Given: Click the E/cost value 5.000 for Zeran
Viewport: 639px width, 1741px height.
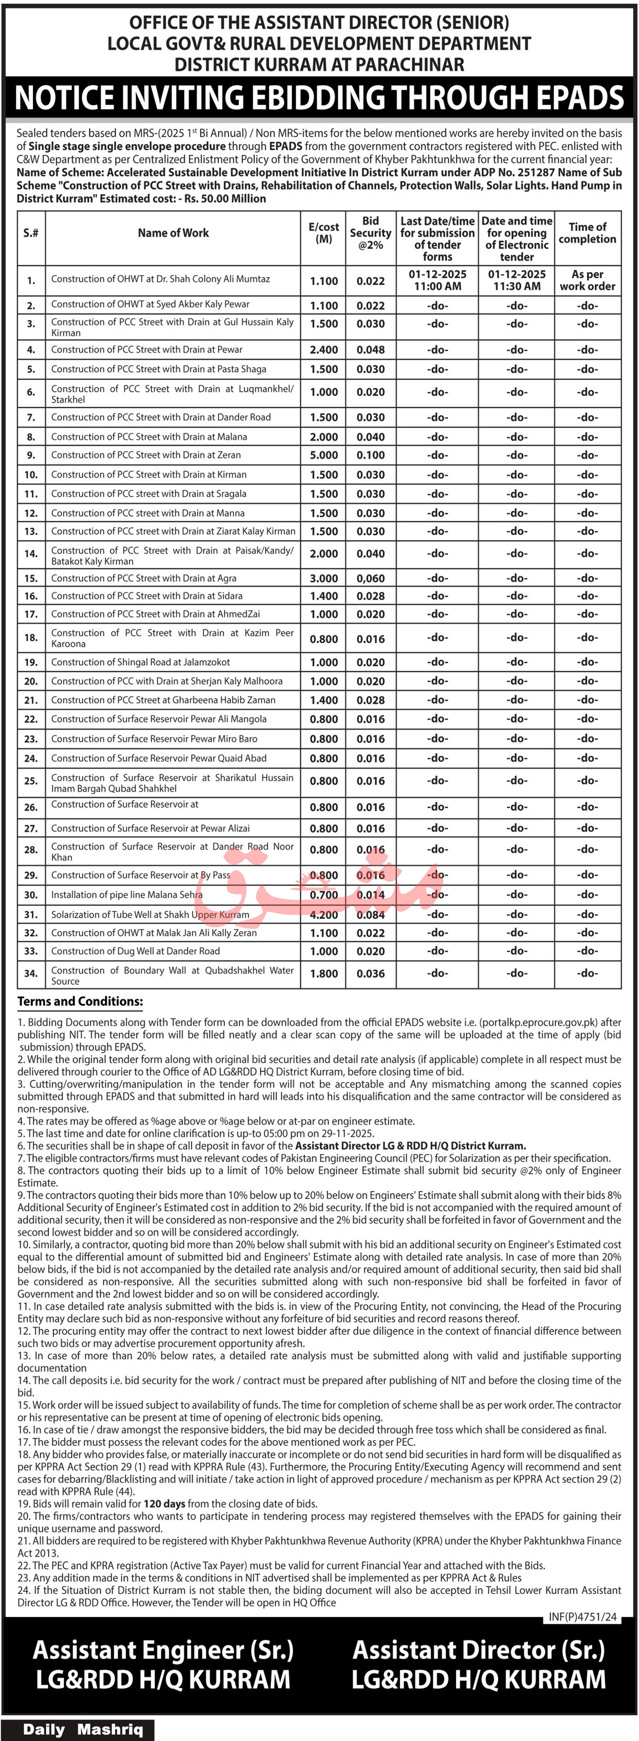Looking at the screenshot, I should [x=323, y=456].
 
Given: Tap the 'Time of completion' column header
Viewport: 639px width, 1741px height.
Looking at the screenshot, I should [x=587, y=233].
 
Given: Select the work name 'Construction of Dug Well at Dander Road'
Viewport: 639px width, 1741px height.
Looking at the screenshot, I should [x=135, y=951].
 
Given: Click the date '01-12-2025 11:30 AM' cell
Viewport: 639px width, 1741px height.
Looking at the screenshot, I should [x=517, y=280].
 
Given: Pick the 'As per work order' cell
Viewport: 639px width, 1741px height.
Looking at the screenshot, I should [x=587, y=280].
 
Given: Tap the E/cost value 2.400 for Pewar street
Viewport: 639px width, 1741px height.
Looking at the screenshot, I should [x=323, y=350].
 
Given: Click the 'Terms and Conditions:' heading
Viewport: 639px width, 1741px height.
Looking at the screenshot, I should [x=80, y=1002].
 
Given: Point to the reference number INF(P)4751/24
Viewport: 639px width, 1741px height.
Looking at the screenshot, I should [x=583, y=1617].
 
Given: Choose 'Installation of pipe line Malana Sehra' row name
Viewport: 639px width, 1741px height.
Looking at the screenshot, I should [x=126, y=895].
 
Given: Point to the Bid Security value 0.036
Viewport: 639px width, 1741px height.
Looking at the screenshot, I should [x=370, y=974].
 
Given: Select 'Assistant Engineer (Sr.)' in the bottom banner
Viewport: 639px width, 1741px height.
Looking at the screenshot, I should [x=163, y=1651].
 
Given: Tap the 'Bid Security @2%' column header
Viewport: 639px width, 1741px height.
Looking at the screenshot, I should [x=370, y=233].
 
